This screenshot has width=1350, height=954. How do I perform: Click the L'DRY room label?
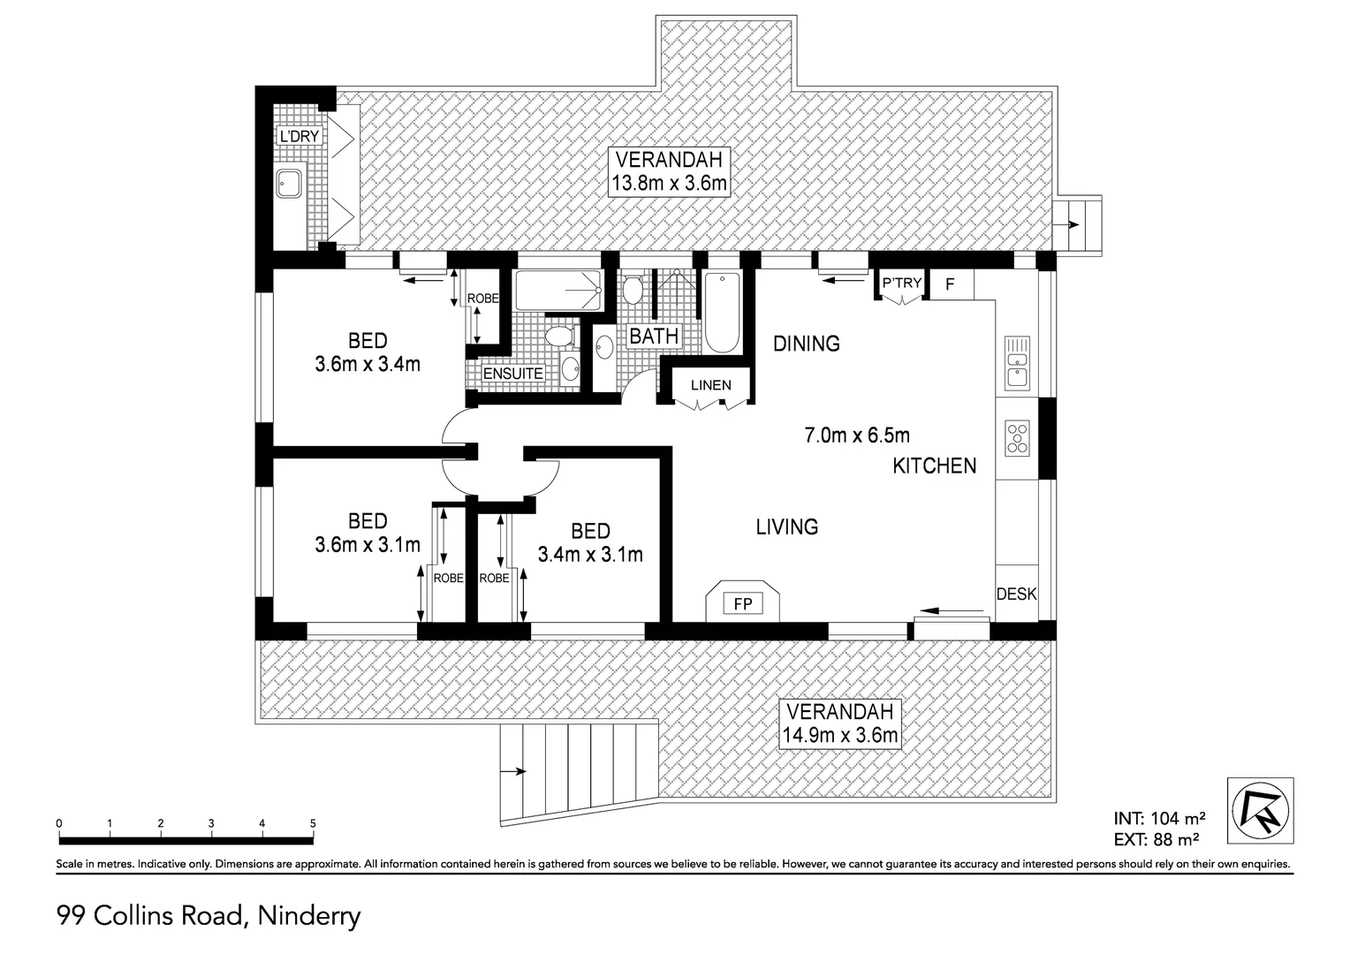point(299,137)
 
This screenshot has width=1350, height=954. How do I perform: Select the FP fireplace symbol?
point(742,604)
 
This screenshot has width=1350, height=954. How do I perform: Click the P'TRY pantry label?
point(902,284)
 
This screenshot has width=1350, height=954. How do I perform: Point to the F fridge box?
point(951,284)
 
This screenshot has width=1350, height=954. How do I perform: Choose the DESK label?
point(1016,594)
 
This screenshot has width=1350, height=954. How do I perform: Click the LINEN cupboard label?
point(710,385)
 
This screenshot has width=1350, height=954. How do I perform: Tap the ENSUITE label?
point(512,374)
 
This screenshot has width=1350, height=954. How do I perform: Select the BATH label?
point(654,336)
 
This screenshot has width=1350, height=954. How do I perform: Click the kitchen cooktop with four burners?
point(1018,437)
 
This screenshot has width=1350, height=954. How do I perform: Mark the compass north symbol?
point(1260,809)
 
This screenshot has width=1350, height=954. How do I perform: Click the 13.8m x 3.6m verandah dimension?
point(670,184)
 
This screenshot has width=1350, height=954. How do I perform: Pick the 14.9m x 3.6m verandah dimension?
point(840,735)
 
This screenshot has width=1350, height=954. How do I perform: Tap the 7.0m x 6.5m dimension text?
point(856,435)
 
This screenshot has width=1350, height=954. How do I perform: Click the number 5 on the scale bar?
point(313,823)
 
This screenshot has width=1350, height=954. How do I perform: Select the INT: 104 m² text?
point(1159,818)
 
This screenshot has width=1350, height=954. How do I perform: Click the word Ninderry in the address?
point(308,916)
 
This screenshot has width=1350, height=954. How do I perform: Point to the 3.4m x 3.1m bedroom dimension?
point(590,555)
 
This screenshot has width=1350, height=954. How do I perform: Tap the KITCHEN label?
point(934,466)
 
